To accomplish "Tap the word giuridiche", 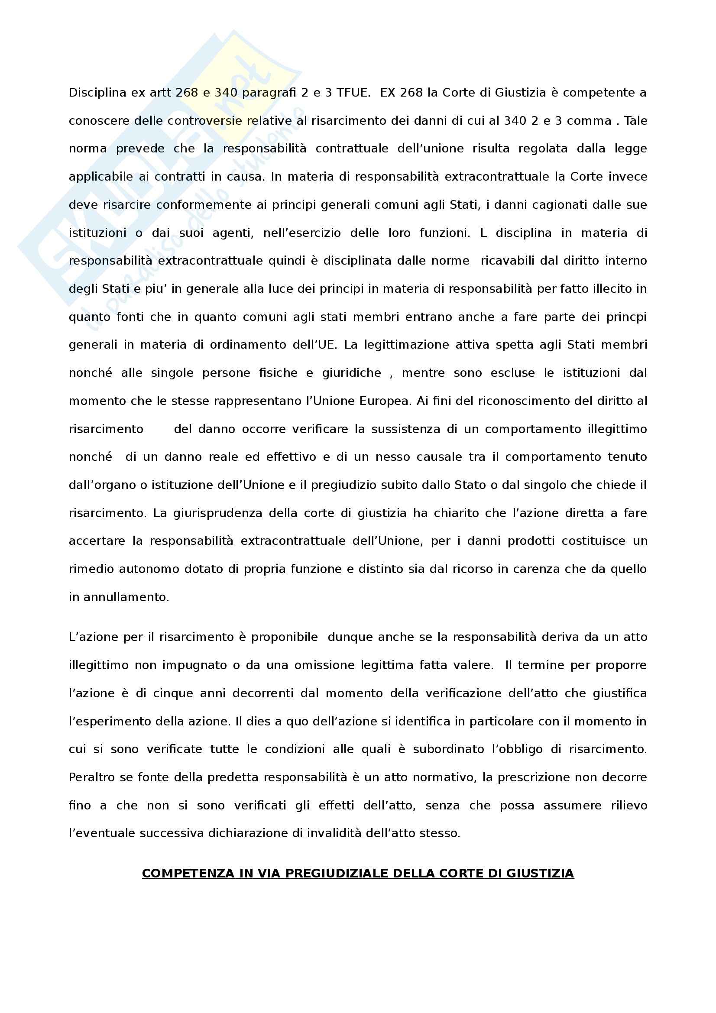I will (x=352, y=373).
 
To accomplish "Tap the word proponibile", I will (x=285, y=637).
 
